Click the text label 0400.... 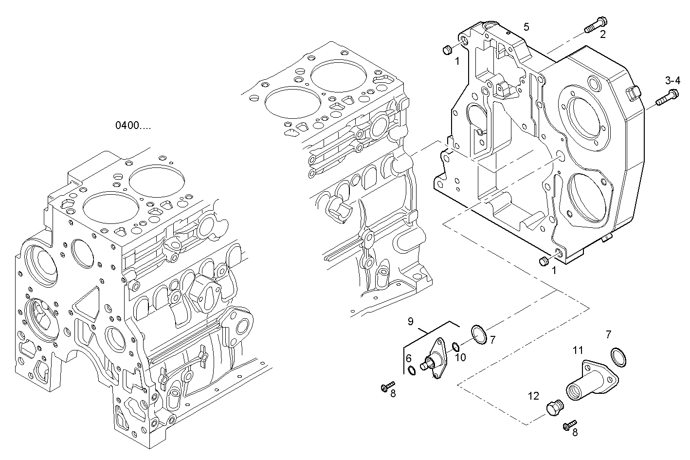coord(132,126)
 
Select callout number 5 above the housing coord(526,26)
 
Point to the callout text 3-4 coord(673,80)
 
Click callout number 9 coord(410,321)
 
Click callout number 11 coord(577,350)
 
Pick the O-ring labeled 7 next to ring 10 coord(479,335)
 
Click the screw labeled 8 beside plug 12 coord(568,425)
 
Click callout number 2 coord(602,34)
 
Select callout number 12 coord(533,396)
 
